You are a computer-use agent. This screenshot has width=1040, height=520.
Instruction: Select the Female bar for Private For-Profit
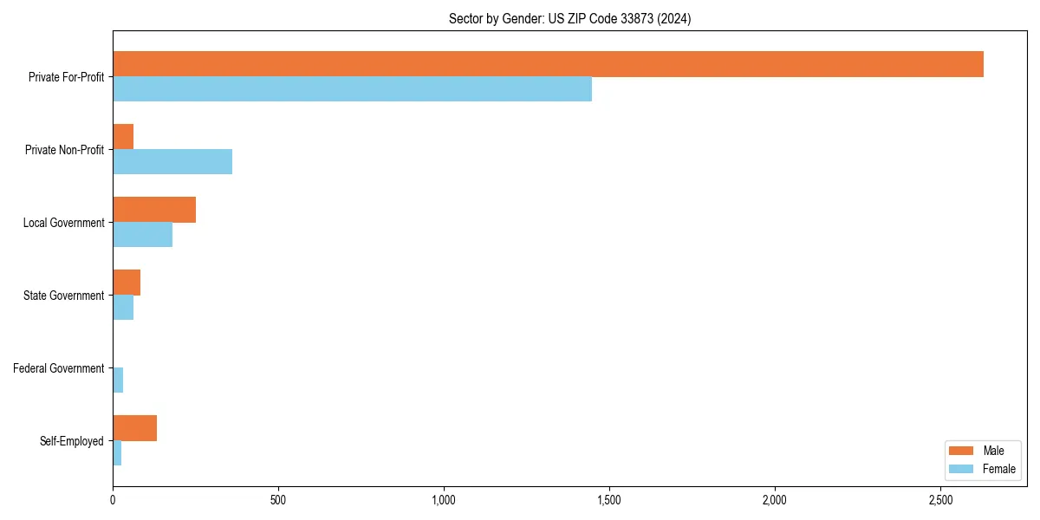point(352,89)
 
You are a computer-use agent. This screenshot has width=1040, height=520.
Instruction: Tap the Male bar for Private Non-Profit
point(123,137)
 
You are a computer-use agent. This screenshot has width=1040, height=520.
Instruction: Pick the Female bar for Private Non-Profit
point(172,162)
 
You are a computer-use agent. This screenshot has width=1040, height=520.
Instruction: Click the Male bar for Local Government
point(154,210)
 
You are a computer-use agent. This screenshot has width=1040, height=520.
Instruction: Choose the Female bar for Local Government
point(142,235)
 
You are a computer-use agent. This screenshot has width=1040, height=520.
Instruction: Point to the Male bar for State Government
point(127,283)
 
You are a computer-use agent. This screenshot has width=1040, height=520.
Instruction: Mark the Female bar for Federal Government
point(118,380)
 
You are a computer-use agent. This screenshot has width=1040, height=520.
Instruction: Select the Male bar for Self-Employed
point(134,428)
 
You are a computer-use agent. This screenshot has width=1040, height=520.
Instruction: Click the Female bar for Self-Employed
point(117,453)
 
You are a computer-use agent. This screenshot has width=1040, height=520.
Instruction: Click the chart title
point(569,18)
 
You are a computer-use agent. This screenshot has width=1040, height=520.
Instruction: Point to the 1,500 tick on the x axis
point(609,500)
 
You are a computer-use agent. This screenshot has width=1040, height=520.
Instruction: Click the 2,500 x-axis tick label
point(940,500)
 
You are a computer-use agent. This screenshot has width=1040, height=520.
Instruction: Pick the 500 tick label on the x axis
point(278,500)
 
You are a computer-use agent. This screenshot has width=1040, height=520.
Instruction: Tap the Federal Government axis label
point(59,368)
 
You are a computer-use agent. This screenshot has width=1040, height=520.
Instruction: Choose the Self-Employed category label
point(72,441)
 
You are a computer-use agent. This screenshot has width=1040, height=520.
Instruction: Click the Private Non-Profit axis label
point(65,150)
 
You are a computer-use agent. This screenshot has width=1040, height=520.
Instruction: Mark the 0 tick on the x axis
point(113,500)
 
